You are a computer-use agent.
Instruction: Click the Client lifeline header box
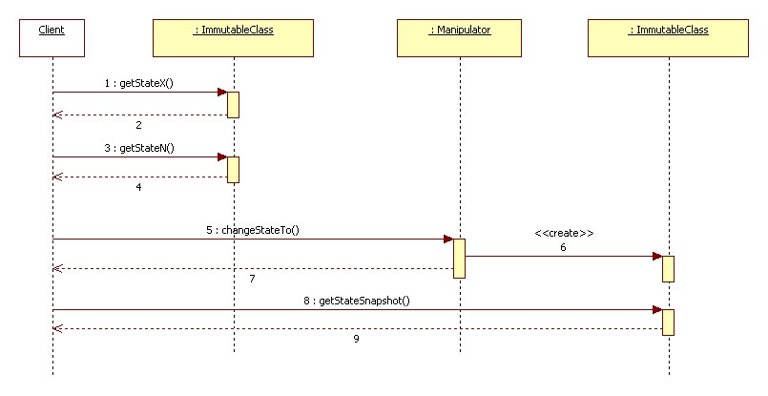52,38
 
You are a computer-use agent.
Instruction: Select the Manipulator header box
459,38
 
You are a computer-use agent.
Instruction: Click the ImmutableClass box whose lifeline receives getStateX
233,38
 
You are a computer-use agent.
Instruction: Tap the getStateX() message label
138,83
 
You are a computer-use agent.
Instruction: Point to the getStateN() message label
139,148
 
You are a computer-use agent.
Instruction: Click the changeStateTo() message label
253,230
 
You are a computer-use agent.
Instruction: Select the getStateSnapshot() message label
357,301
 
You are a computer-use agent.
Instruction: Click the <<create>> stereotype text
564,233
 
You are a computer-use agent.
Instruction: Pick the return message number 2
138,125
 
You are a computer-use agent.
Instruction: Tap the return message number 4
138,187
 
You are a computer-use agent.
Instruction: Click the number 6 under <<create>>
563,247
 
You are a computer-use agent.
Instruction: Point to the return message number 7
252,279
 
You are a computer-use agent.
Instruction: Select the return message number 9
356,339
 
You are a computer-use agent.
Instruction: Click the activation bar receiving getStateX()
233,105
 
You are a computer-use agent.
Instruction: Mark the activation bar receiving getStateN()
233,170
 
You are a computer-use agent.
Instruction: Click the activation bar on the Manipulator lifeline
459,259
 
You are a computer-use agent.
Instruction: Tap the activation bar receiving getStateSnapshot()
668,322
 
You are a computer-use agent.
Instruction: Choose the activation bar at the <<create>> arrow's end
668,268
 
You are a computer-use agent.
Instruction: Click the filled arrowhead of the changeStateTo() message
448,240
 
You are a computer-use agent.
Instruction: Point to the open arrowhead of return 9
58,329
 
